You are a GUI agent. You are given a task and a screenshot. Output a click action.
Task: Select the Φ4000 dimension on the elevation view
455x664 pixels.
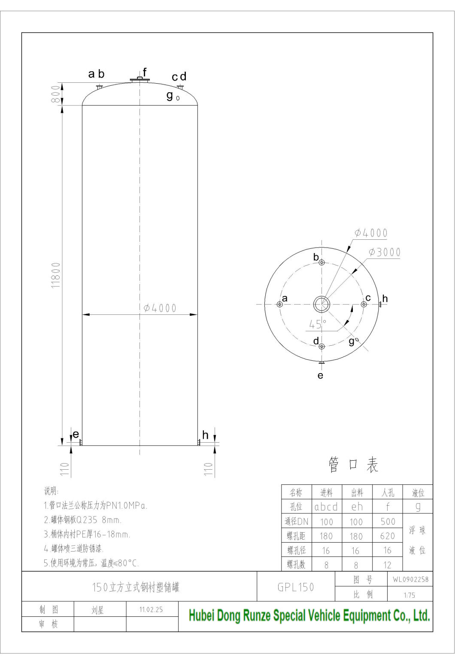click(160, 308)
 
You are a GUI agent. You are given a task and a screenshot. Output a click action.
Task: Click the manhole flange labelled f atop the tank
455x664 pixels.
click(140, 79)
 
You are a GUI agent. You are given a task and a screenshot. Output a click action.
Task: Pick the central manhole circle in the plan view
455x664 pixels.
click(321, 304)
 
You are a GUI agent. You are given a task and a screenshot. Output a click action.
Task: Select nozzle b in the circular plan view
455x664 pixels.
click(322, 263)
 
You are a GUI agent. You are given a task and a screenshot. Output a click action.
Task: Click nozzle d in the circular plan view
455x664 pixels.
click(322, 346)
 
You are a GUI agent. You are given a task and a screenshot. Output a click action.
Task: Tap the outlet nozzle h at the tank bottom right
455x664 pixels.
click(199, 442)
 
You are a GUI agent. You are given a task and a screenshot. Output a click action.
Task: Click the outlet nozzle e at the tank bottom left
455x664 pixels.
click(80, 442)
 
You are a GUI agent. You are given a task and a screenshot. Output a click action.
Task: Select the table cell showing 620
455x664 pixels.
click(388, 536)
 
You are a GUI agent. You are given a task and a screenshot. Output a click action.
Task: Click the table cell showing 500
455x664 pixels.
click(388, 522)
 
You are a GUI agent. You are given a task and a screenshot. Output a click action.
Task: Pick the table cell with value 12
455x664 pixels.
click(388, 565)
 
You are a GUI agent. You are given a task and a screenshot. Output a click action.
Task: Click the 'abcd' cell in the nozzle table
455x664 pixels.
click(326, 507)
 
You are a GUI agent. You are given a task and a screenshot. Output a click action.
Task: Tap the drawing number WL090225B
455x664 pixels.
click(410, 580)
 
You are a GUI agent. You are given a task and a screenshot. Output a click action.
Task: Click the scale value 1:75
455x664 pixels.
click(409, 595)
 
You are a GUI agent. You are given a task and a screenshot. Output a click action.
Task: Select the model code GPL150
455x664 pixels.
click(296, 587)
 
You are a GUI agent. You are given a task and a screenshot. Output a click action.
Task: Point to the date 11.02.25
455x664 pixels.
click(151, 609)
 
